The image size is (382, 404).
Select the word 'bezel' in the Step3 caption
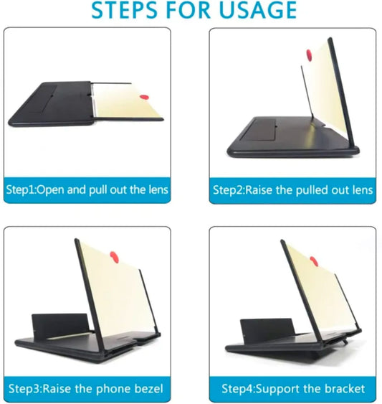[x=148, y=389]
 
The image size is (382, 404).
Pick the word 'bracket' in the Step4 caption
[x=345, y=389]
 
